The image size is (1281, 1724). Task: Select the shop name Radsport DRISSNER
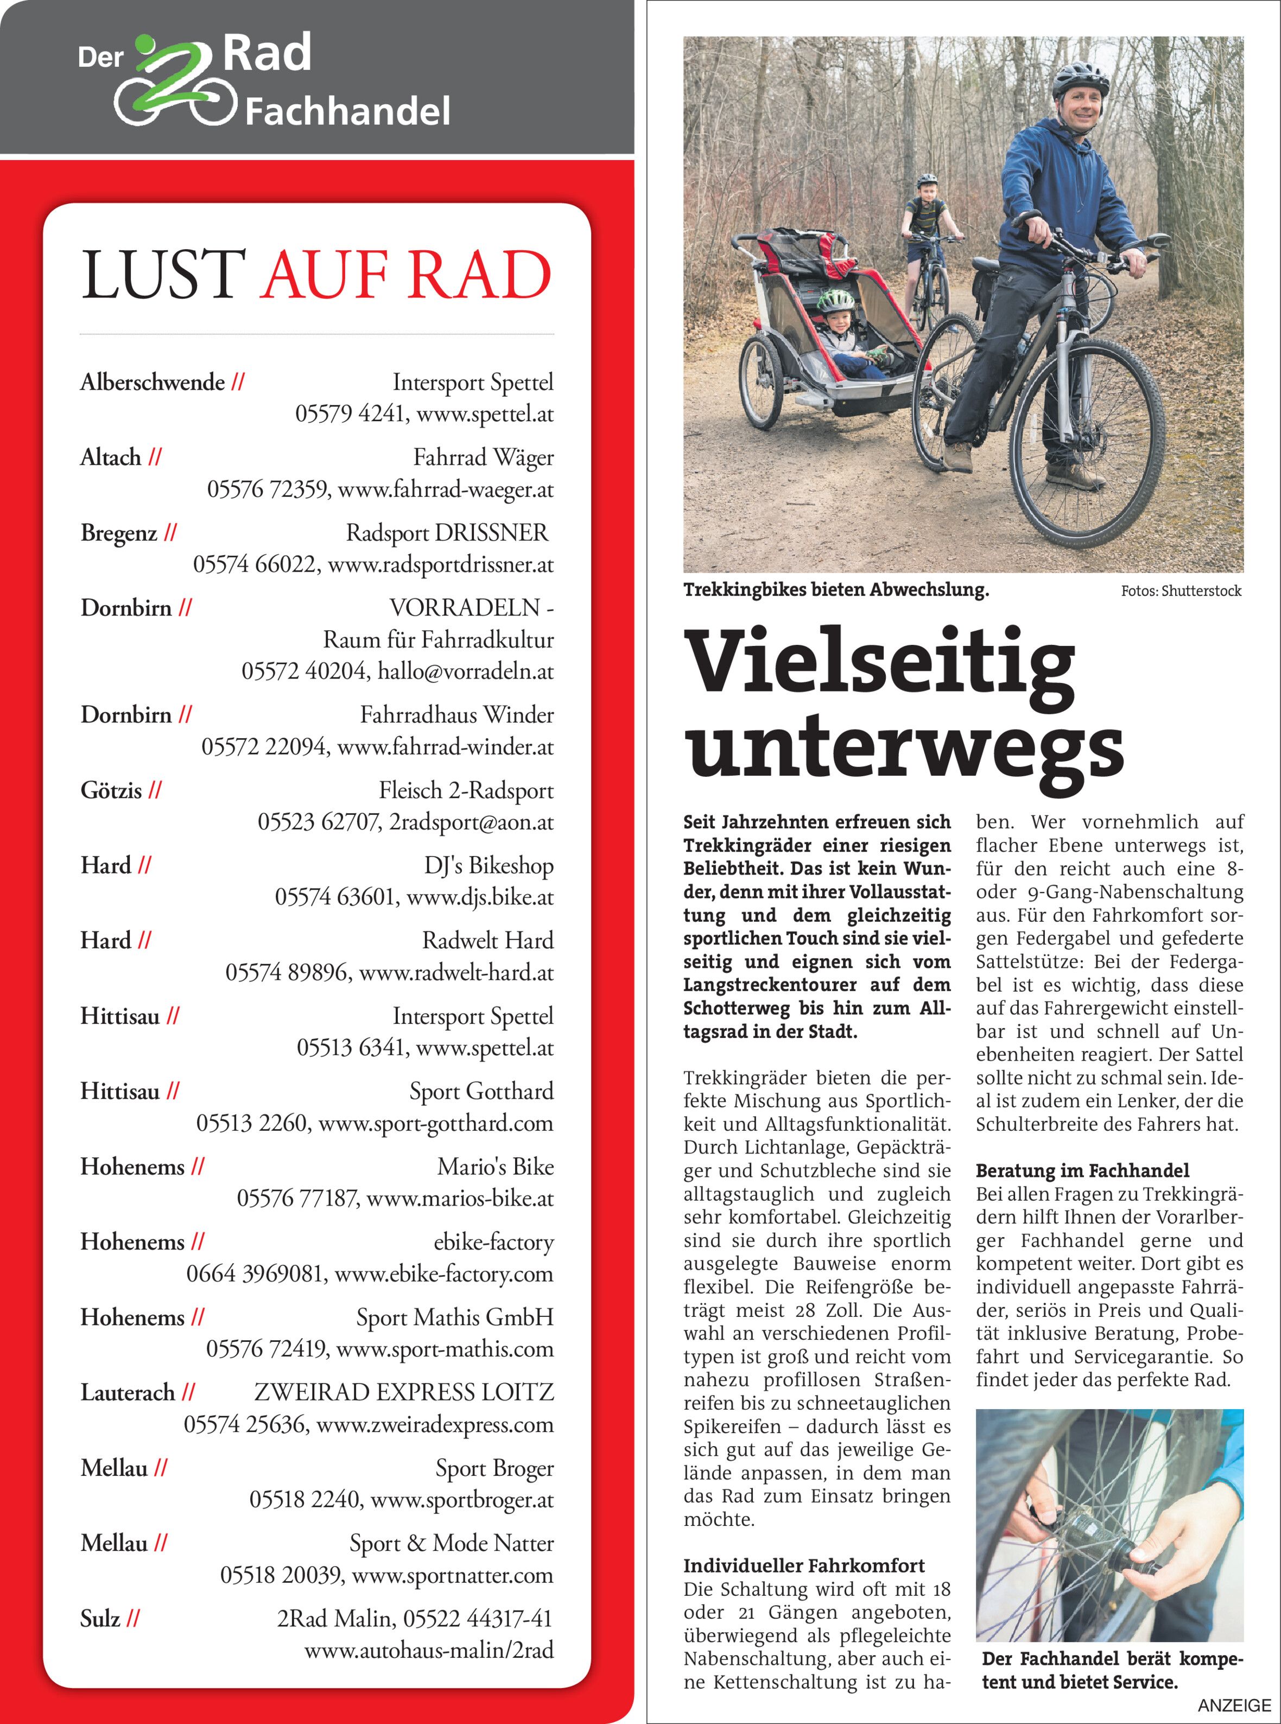coord(447,533)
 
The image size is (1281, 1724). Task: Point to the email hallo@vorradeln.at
coord(465,671)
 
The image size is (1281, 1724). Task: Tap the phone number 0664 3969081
coord(255,1273)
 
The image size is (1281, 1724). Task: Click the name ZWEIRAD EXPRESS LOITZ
coord(404,1392)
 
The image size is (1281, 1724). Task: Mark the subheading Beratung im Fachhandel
coord(1082,1170)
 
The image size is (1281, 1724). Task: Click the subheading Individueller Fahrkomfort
coord(803,1566)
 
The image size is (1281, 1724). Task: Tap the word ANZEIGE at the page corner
coord(1234,1706)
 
